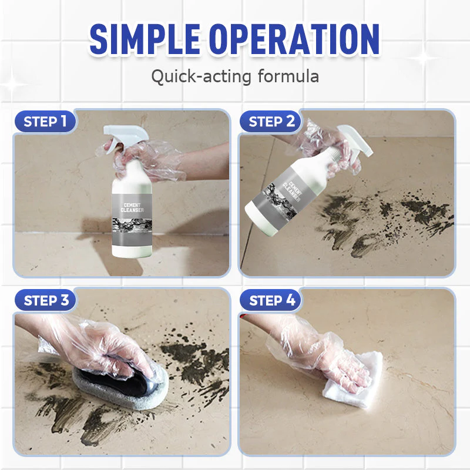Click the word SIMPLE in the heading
coord(145,39)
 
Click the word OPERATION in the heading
coord(295,39)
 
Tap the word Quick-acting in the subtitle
coord(201,76)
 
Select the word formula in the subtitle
coord(288,76)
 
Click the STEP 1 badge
coord(45,122)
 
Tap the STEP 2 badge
coord(271,122)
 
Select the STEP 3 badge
coord(46,300)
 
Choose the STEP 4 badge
coord(271,300)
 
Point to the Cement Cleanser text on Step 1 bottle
coord(132,207)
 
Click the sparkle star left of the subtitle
coord(12,82)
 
